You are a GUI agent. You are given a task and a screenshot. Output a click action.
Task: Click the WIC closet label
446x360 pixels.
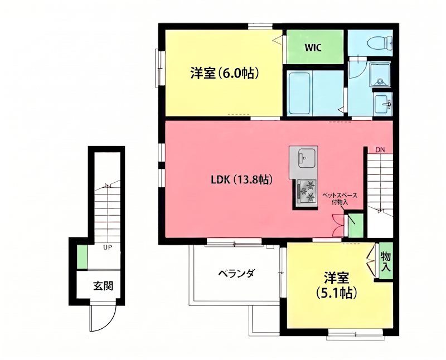[313, 47]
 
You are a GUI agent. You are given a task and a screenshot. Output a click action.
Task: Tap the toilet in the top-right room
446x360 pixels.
[384, 42]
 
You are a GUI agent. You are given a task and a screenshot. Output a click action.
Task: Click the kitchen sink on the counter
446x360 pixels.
[304, 158]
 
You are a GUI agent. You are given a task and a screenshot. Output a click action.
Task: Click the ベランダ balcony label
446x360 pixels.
[236, 274]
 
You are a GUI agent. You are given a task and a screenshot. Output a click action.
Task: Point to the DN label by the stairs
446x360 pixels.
[380, 150]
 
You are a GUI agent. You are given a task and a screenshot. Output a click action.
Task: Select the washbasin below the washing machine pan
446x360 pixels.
[382, 103]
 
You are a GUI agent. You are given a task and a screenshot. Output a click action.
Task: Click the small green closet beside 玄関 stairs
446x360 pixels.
[82, 257]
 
